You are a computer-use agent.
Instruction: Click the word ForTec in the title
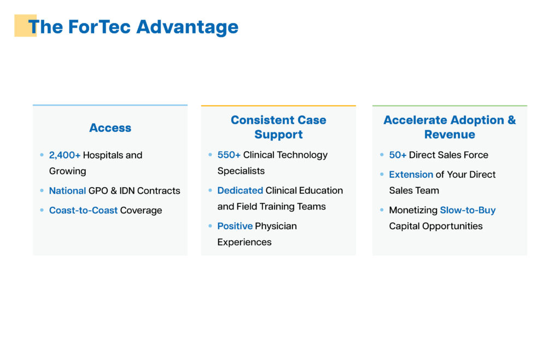[99, 27]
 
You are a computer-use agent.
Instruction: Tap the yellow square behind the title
[25, 25]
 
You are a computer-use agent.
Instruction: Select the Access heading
[110, 127]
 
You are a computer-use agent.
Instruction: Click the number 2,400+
[65, 155]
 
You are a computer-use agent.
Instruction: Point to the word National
[67, 191]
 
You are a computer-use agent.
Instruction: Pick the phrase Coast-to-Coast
[83, 210]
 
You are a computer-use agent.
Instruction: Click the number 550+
[229, 155]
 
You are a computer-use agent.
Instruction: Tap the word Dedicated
[240, 190]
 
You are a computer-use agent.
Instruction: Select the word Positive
[235, 226]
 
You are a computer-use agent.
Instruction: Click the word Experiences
[244, 242]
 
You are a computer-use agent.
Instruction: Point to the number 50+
[398, 155]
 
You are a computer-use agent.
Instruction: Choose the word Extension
[411, 175]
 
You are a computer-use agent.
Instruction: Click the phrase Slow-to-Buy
[468, 210]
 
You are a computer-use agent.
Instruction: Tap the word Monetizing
[413, 210]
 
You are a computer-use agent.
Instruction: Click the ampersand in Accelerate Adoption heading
[511, 120]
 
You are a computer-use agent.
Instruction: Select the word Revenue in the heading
[450, 134]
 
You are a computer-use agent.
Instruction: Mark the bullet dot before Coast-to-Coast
[42, 210]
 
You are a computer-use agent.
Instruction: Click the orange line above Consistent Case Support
[278, 106]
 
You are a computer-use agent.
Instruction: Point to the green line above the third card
[450, 106]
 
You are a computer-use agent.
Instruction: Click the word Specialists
[241, 171]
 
